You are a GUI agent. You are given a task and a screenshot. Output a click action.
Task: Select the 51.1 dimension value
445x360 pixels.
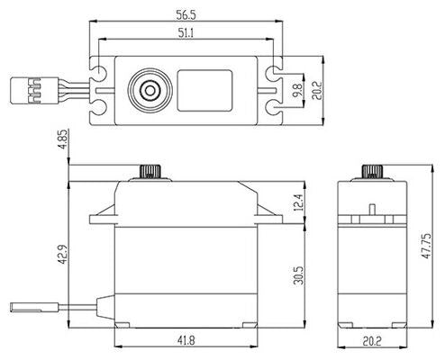click(x=187, y=34)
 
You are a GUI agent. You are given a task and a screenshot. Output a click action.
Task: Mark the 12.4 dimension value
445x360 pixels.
click(x=297, y=201)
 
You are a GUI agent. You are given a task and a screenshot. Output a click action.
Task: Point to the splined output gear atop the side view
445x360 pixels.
click(x=369, y=171)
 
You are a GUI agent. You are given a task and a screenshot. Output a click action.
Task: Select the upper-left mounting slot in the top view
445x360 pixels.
click(x=100, y=68)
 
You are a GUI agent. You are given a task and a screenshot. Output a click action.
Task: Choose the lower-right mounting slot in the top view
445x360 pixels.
click(x=275, y=110)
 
